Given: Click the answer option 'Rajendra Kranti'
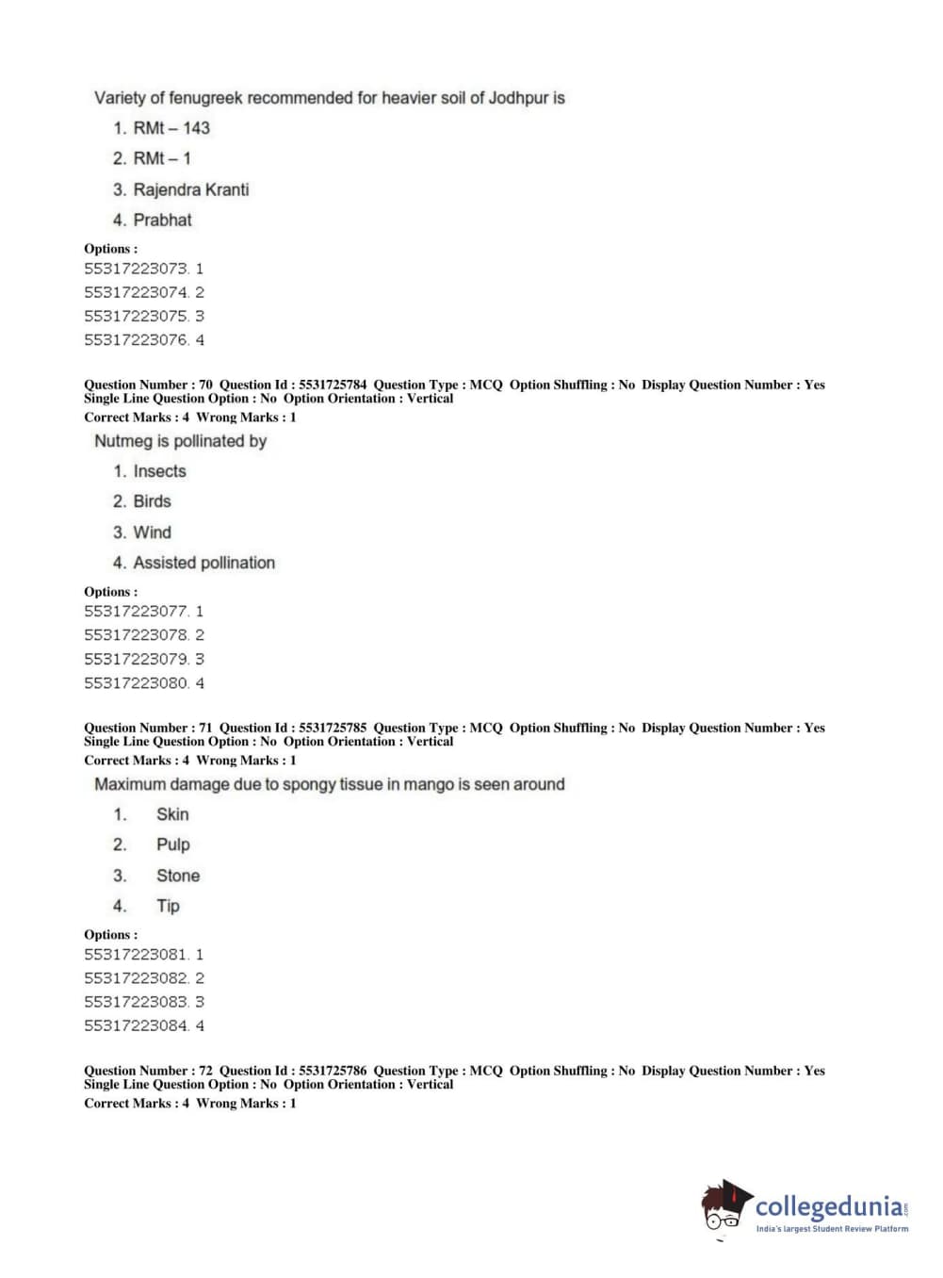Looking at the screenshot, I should pyautogui.click(x=190, y=189).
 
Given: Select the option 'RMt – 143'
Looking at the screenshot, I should pyautogui.click(x=171, y=128).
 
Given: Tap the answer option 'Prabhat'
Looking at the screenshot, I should pyautogui.click(x=162, y=220).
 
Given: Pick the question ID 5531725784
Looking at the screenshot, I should pyautogui.click(x=333, y=385).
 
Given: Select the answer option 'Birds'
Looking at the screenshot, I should pyautogui.click(x=152, y=501).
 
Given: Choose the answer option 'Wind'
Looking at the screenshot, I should pyautogui.click(x=152, y=532).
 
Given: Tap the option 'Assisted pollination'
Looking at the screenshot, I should pyautogui.click(x=203, y=563).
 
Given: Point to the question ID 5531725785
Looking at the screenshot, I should pyautogui.click(x=333, y=728).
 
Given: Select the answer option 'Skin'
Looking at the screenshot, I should pyautogui.click(x=172, y=814).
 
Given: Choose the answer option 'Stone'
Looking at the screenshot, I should pyautogui.click(x=178, y=876).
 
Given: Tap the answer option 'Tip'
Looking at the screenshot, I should pyautogui.click(x=168, y=906).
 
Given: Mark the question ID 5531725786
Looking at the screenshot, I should pyautogui.click(x=333, y=1071).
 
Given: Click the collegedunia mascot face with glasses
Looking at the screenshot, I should pyautogui.click(x=724, y=1209).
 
